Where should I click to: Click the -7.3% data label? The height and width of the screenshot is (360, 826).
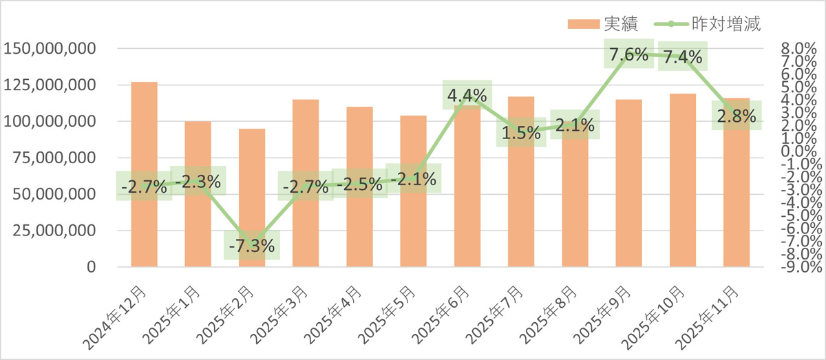252,245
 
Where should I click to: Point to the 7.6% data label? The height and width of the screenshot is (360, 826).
628,55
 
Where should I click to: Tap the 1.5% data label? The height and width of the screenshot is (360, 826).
521,133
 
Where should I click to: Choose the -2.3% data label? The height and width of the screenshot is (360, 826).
198,182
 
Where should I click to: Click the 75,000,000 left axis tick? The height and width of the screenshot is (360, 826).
52,158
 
